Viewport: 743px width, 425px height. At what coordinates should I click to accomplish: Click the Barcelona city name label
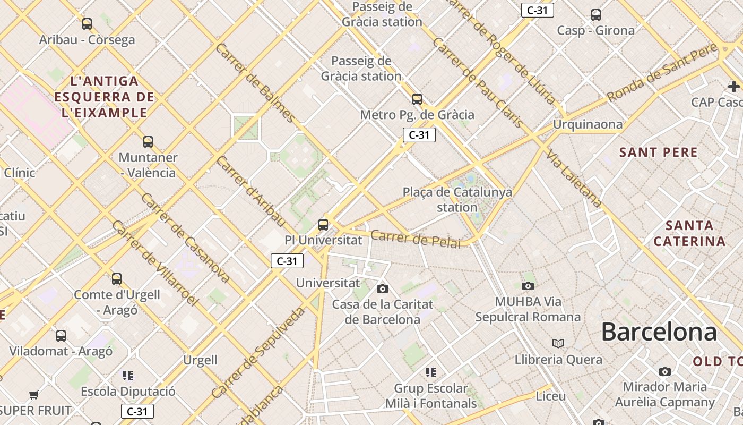tap(659, 332)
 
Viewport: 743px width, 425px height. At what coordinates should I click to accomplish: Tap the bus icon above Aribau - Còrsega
tap(87, 24)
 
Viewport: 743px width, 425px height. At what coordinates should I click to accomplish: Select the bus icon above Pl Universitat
tap(323, 224)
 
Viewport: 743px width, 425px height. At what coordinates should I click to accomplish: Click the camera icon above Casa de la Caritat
tap(382, 288)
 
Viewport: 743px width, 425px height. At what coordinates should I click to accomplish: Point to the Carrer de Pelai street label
tap(416, 239)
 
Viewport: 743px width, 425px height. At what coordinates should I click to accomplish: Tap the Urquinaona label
tap(587, 124)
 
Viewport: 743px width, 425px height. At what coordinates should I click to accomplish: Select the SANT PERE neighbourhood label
tap(658, 152)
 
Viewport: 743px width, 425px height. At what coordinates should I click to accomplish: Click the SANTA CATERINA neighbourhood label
tap(689, 233)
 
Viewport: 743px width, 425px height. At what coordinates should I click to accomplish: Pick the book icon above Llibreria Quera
tap(558, 343)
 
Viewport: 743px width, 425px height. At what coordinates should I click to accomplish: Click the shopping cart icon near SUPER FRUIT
tap(34, 395)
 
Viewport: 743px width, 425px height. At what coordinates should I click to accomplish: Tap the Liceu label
tap(550, 396)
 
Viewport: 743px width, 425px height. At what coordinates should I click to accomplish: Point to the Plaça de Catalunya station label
tap(457, 199)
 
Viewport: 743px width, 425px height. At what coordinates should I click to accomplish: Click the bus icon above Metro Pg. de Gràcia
tap(417, 99)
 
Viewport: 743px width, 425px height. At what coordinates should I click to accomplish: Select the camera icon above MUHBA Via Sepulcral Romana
tap(528, 286)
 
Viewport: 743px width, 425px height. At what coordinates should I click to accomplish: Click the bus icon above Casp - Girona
tap(596, 15)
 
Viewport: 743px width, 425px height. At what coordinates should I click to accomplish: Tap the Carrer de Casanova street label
tap(185, 237)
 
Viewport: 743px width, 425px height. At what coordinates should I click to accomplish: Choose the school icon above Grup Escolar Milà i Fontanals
tap(431, 372)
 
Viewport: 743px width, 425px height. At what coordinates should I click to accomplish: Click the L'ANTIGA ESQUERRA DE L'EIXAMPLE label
tap(104, 97)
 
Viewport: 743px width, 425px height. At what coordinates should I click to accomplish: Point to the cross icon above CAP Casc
tap(733, 86)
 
